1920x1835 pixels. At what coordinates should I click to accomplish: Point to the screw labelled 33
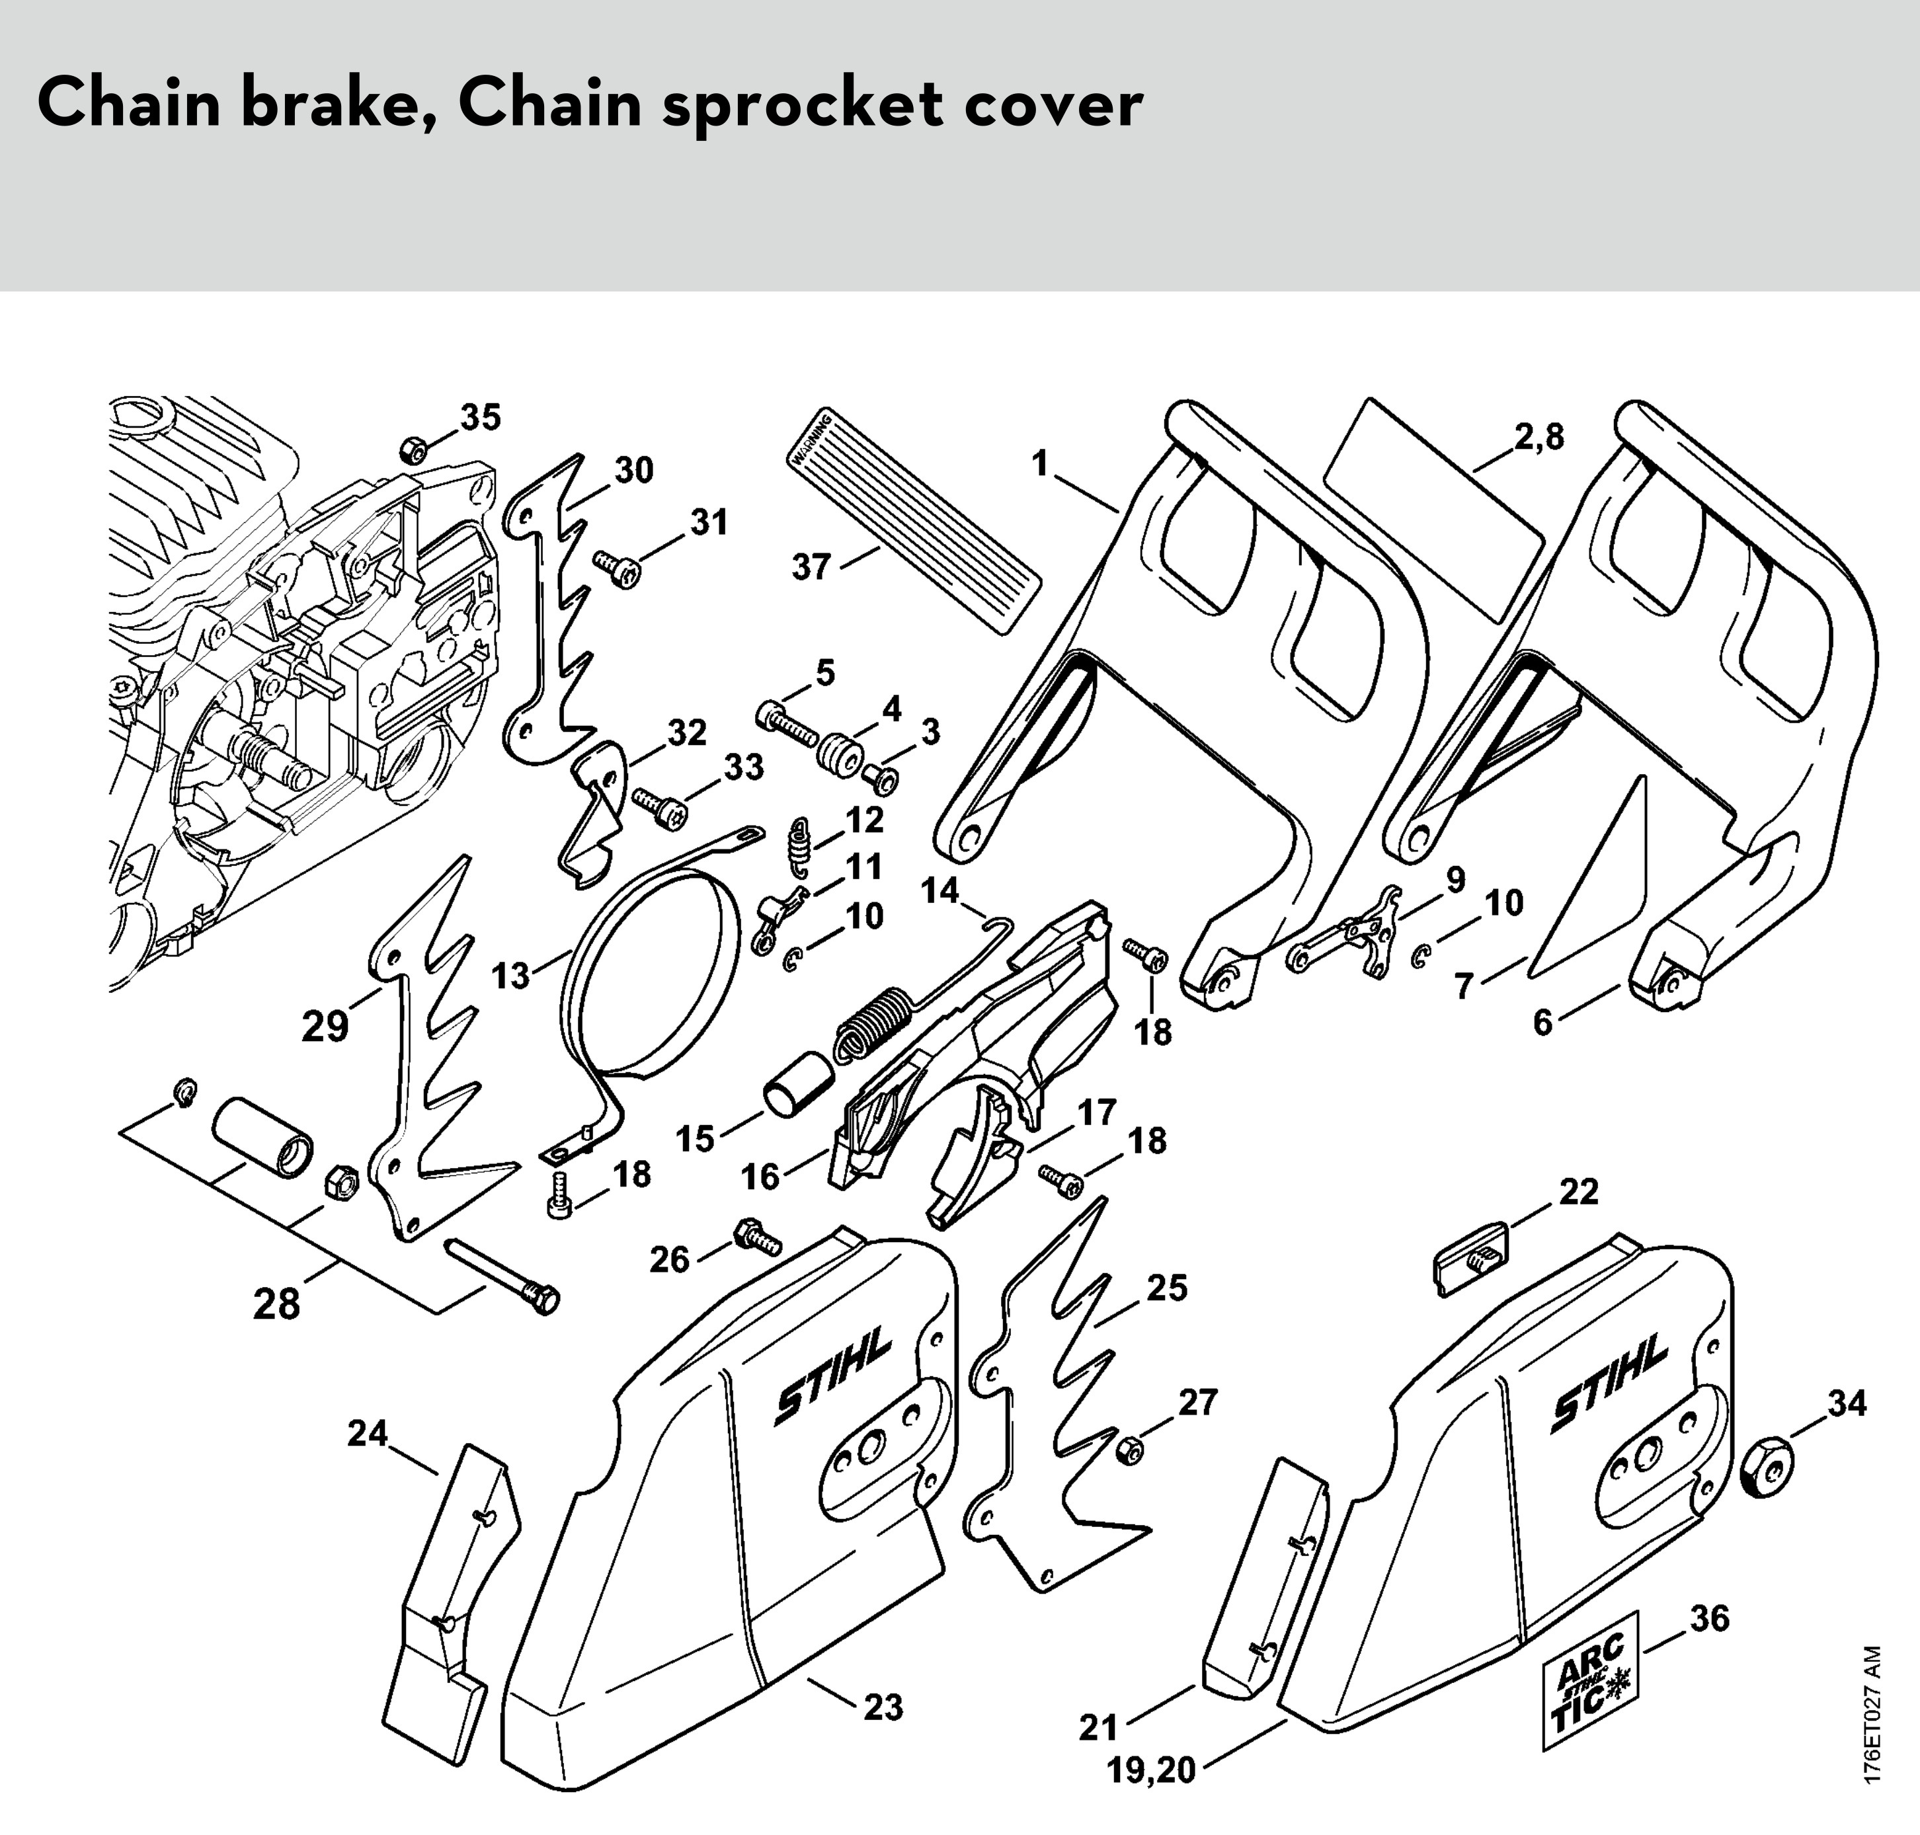coord(661,806)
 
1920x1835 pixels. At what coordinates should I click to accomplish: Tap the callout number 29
coord(325,1026)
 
